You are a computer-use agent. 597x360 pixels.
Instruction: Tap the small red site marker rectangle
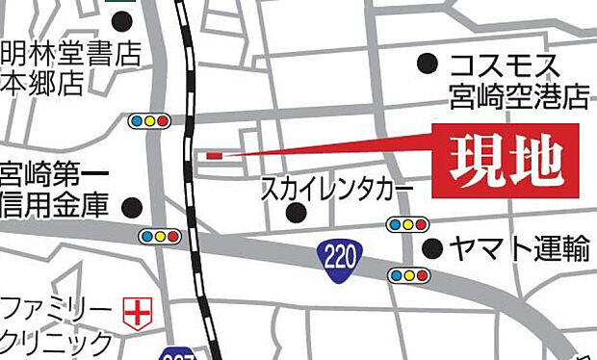click(214, 154)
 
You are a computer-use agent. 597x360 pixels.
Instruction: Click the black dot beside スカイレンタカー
click(298, 212)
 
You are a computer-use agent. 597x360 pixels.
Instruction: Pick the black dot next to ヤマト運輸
click(434, 248)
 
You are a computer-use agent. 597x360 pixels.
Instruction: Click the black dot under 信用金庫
click(133, 206)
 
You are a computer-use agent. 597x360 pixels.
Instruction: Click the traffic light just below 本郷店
click(150, 121)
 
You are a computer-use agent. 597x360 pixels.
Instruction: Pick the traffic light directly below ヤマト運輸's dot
click(409, 276)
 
